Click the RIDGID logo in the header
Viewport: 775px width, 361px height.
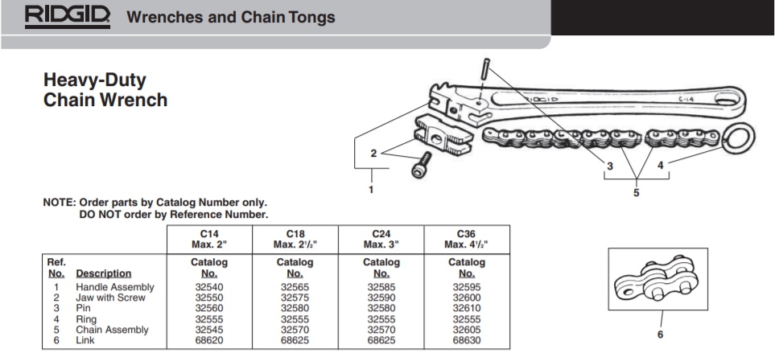(x=69, y=15)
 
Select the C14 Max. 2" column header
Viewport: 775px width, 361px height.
(x=208, y=239)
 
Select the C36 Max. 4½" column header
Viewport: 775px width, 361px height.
(x=467, y=239)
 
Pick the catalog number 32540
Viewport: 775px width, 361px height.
(x=208, y=287)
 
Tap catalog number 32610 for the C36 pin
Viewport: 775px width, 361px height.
(x=467, y=308)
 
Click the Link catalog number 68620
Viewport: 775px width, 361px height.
(x=208, y=340)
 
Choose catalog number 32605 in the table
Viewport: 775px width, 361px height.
(x=467, y=330)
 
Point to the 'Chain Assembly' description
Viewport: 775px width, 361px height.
(x=112, y=330)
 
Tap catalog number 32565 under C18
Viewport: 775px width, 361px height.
(x=295, y=287)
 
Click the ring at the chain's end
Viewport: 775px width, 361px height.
(x=739, y=137)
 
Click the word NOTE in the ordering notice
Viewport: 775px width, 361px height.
(x=58, y=203)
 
